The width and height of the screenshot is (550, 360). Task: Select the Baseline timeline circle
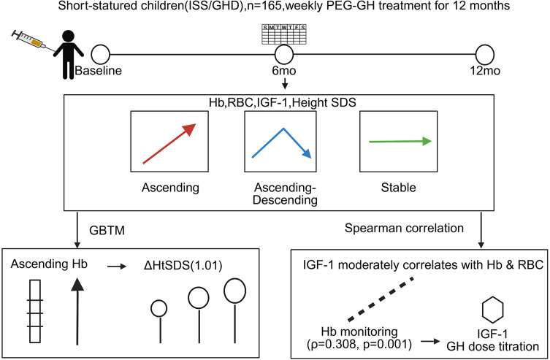click(x=100, y=54)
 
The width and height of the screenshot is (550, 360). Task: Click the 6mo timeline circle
click(x=283, y=54)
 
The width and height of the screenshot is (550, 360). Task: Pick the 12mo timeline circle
click(x=485, y=54)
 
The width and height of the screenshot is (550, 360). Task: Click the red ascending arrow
click(x=169, y=142)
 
